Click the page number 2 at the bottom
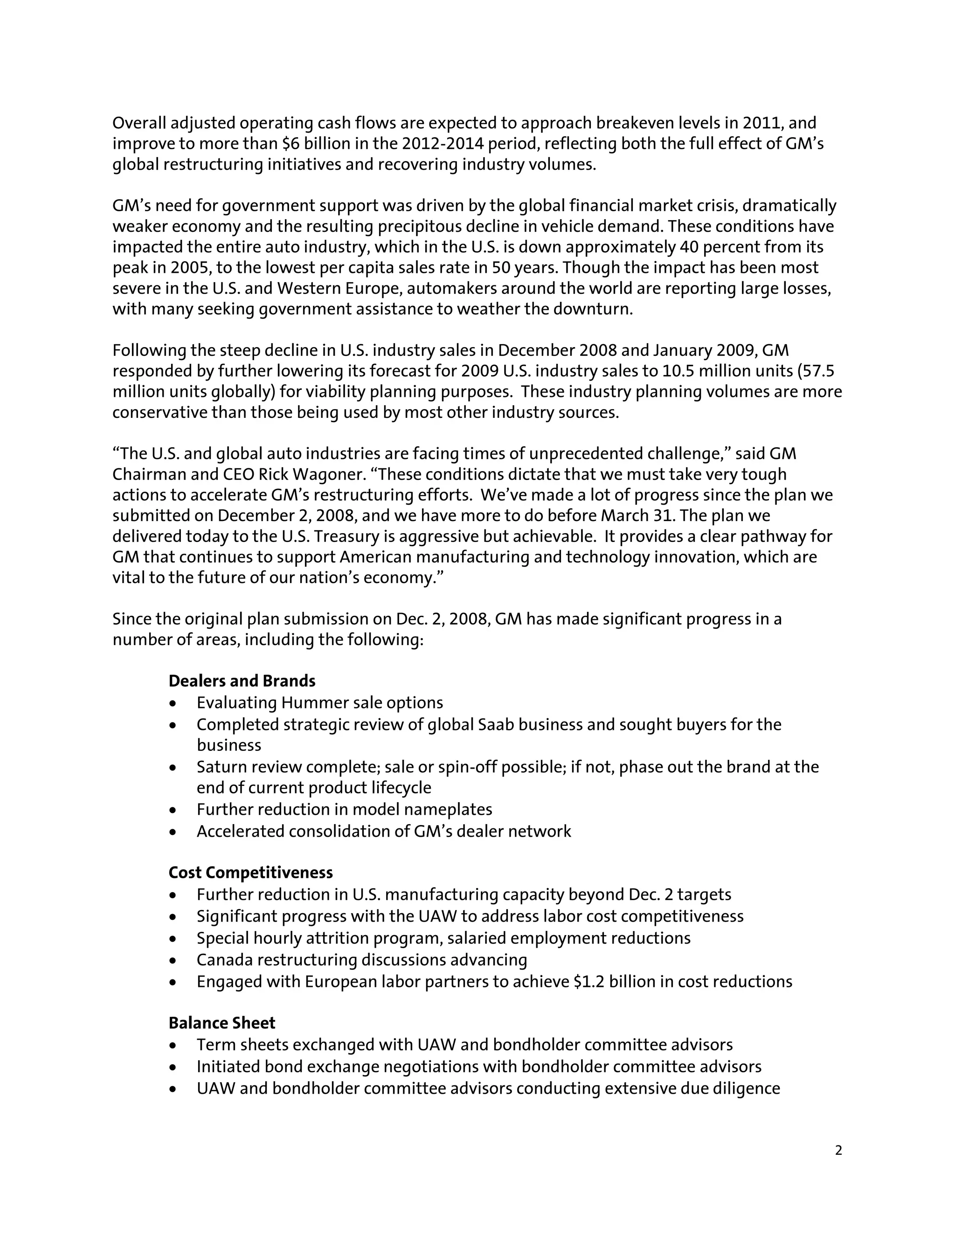click(x=838, y=1151)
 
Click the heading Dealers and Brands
click(x=242, y=681)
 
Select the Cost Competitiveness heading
click(x=250, y=873)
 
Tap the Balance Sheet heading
click(x=222, y=1023)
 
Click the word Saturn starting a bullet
click(x=222, y=767)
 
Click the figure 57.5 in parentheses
click(x=819, y=371)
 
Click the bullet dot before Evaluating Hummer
click(x=173, y=703)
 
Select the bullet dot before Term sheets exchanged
click(x=173, y=1045)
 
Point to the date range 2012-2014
click(x=443, y=144)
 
